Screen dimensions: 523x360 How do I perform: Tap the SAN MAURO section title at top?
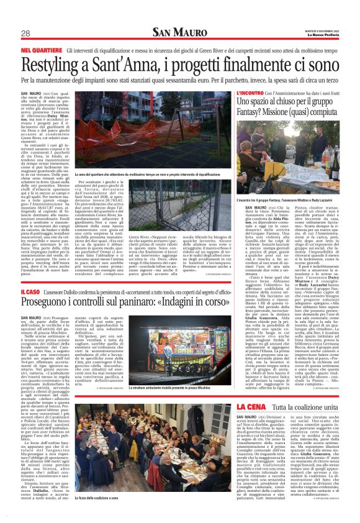click(x=180, y=33)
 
